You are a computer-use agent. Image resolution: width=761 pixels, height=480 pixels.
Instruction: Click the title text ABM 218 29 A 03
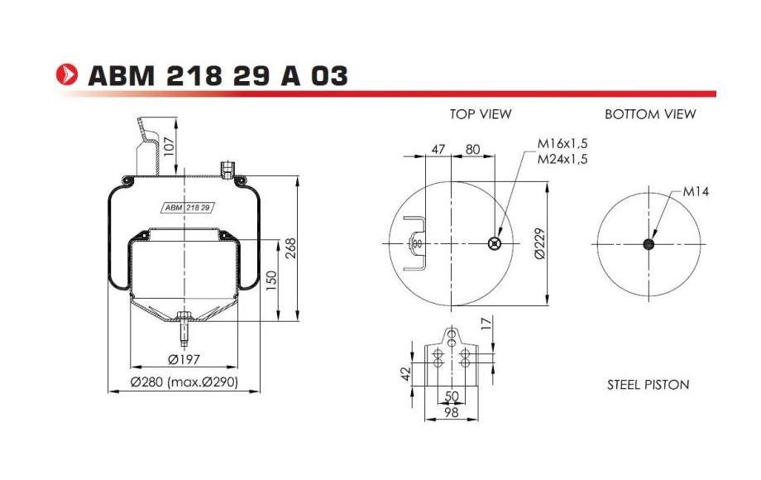pos(217,76)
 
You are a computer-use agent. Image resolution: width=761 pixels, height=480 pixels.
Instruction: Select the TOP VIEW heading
pos(481,114)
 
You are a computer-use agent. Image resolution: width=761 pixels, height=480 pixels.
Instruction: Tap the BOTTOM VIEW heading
pos(650,114)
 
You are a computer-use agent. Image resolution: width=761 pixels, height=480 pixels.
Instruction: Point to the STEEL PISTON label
pos(648,385)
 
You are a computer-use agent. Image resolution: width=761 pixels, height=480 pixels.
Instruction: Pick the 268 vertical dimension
pos(290,247)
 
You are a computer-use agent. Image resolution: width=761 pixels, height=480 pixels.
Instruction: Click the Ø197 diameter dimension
pos(185,360)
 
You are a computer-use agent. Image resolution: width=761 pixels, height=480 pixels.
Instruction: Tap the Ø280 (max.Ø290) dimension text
pos(185,382)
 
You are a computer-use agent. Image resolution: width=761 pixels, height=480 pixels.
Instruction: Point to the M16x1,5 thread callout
pos(562,144)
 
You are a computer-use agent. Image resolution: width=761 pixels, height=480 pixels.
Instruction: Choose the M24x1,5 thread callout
pos(562,159)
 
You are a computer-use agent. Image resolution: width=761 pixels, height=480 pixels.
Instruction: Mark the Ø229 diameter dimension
pos(538,244)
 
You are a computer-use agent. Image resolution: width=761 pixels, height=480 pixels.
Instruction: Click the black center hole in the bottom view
pos(649,244)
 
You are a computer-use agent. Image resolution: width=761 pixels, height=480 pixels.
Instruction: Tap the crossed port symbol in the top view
pos(495,243)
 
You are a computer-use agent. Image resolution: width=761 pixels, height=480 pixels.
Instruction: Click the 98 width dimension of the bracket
pos(451,411)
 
